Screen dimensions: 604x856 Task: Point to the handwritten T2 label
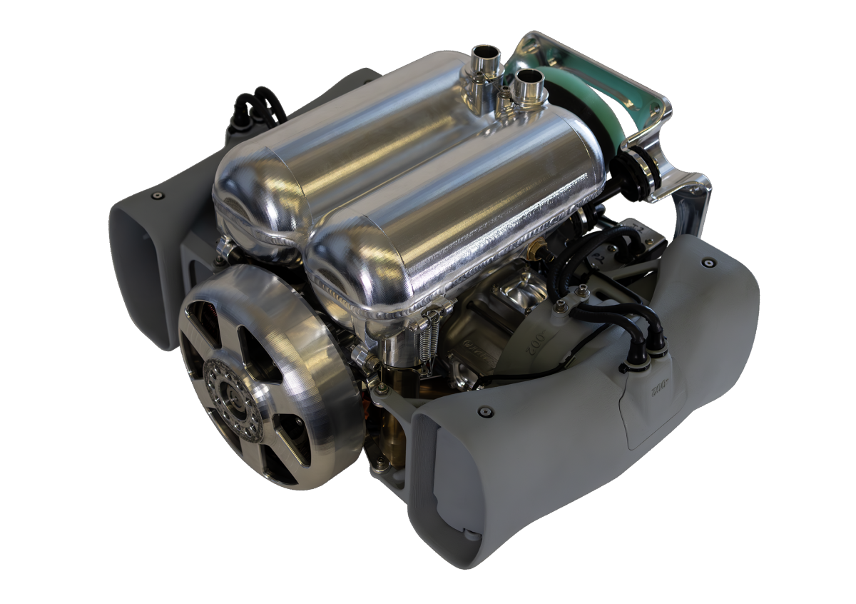(x=637, y=231)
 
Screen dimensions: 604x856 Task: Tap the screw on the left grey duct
(x=158, y=196)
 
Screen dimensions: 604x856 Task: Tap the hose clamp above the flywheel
(x=226, y=249)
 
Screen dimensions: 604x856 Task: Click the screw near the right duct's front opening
(x=485, y=412)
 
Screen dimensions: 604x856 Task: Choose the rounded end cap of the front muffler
(x=342, y=271)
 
